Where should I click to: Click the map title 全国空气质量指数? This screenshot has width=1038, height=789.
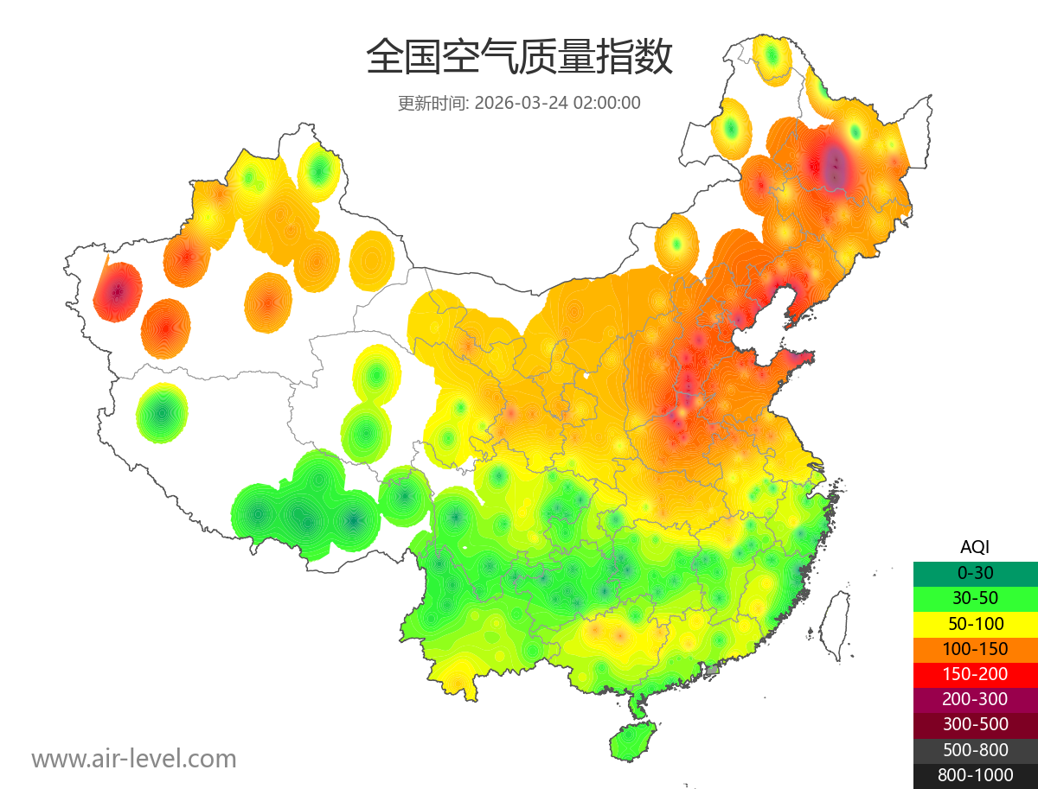click(519, 58)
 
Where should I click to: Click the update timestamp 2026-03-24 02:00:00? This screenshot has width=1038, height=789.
click(557, 103)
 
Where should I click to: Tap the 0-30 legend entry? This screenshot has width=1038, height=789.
click(975, 572)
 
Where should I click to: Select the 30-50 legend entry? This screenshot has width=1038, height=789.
click(975, 597)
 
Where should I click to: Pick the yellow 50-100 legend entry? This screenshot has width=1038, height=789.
click(975, 623)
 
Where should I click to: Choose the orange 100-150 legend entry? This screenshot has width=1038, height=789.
click(975, 648)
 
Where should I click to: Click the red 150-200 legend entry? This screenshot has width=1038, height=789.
click(975, 673)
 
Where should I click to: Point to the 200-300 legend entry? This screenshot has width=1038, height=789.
click(975, 698)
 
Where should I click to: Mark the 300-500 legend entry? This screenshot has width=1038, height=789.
click(975, 724)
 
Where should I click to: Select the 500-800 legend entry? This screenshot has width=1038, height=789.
click(975, 749)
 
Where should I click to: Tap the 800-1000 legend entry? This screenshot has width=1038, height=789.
click(975, 775)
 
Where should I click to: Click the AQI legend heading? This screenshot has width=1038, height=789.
click(975, 547)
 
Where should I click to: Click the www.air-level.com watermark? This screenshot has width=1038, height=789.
click(134, 759)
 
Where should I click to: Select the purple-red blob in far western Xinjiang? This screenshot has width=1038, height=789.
click(117, 291)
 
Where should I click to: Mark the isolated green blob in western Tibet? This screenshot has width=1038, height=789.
click(162, 413)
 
